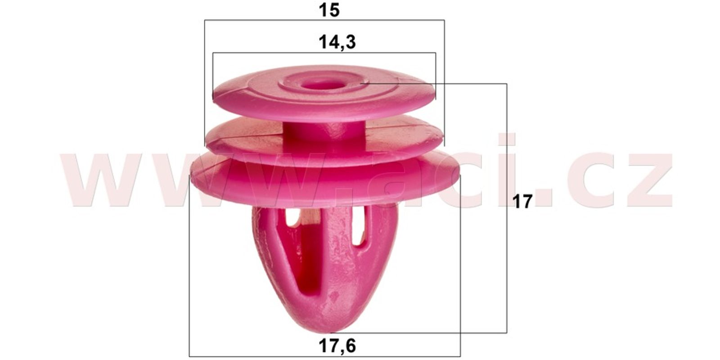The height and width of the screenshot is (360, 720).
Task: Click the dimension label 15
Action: tap(329, 10)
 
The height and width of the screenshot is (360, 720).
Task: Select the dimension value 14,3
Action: tap(337, 42)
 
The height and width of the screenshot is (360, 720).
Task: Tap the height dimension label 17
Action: tap(522, 202)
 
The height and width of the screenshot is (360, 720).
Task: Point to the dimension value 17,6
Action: tap(337, 346)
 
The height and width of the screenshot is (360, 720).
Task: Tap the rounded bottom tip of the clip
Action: tap(331, 328)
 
